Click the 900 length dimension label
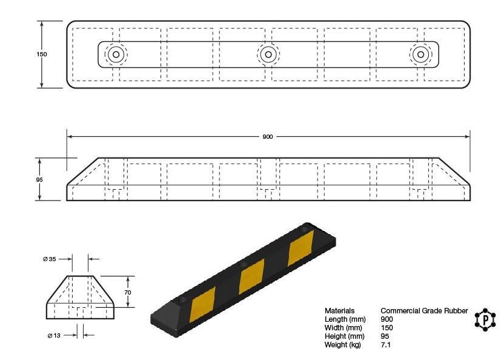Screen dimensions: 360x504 [267, 137]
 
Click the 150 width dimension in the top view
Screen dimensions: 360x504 [42, 55]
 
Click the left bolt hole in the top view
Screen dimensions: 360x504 [116, 55]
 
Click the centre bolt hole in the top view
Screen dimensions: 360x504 [268, 55]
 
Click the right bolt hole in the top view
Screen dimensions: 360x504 [420, 55]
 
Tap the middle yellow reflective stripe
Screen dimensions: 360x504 [252, 276]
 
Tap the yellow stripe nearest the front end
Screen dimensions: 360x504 [202, 304]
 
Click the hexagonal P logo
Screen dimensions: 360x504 [485, 319]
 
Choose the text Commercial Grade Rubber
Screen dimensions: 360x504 [424, 311]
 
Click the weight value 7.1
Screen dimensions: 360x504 [386, 345]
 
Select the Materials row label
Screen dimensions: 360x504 [339, 311]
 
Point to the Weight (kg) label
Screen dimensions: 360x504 [342, 345]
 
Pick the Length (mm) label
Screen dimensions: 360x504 [345, 319]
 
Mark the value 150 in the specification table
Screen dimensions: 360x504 [387, 328]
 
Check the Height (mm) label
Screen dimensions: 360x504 [344, 336]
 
